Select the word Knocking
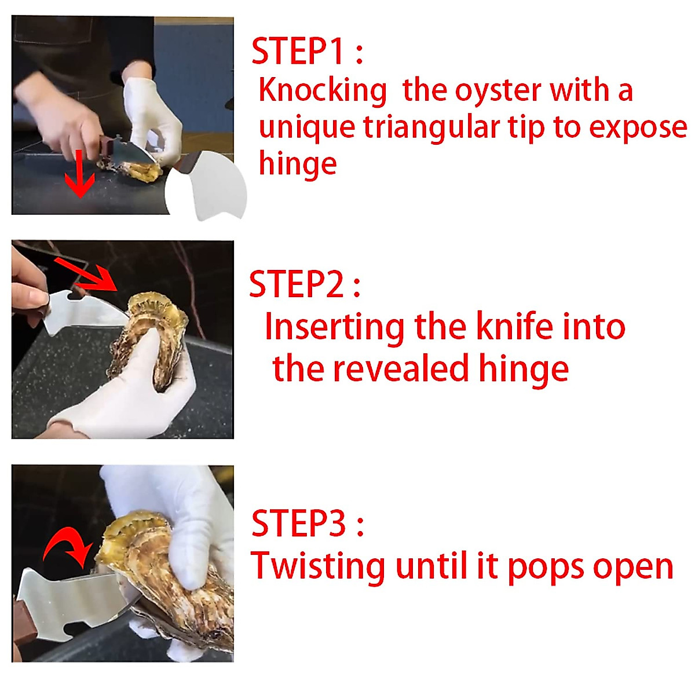click(323, 91)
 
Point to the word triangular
click(431, 127)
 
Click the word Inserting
click(334, 327)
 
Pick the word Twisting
click(317, 566)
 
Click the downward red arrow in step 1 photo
click(79, 174)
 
